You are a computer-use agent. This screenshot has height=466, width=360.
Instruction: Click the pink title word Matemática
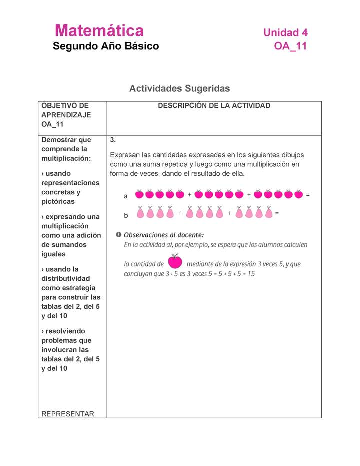(99, 31)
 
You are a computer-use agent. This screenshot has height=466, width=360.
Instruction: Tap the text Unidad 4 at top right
(285, 33)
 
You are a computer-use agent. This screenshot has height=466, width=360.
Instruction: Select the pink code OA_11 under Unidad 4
(290, 46)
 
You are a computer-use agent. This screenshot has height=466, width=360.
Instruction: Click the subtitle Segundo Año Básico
(106, 46)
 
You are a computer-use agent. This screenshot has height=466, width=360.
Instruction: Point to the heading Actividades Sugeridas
(179, 88)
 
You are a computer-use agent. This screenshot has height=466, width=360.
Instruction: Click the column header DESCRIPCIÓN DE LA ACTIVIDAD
(214, 106)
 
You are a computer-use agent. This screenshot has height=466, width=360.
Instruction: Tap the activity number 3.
(113, 140)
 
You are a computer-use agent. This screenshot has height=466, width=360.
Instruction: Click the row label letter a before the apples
(126, 196)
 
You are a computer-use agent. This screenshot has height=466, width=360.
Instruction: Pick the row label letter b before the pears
(126, 215)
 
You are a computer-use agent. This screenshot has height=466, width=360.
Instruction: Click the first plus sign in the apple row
(189, 195)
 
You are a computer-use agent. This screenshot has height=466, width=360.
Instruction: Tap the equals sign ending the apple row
(308, 195)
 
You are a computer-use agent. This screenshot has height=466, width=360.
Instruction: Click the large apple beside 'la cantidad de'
(175, 261)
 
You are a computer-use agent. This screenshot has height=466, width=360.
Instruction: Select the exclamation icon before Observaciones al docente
(118, 234)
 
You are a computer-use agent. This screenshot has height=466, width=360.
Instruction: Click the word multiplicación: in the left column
(66, 158)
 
